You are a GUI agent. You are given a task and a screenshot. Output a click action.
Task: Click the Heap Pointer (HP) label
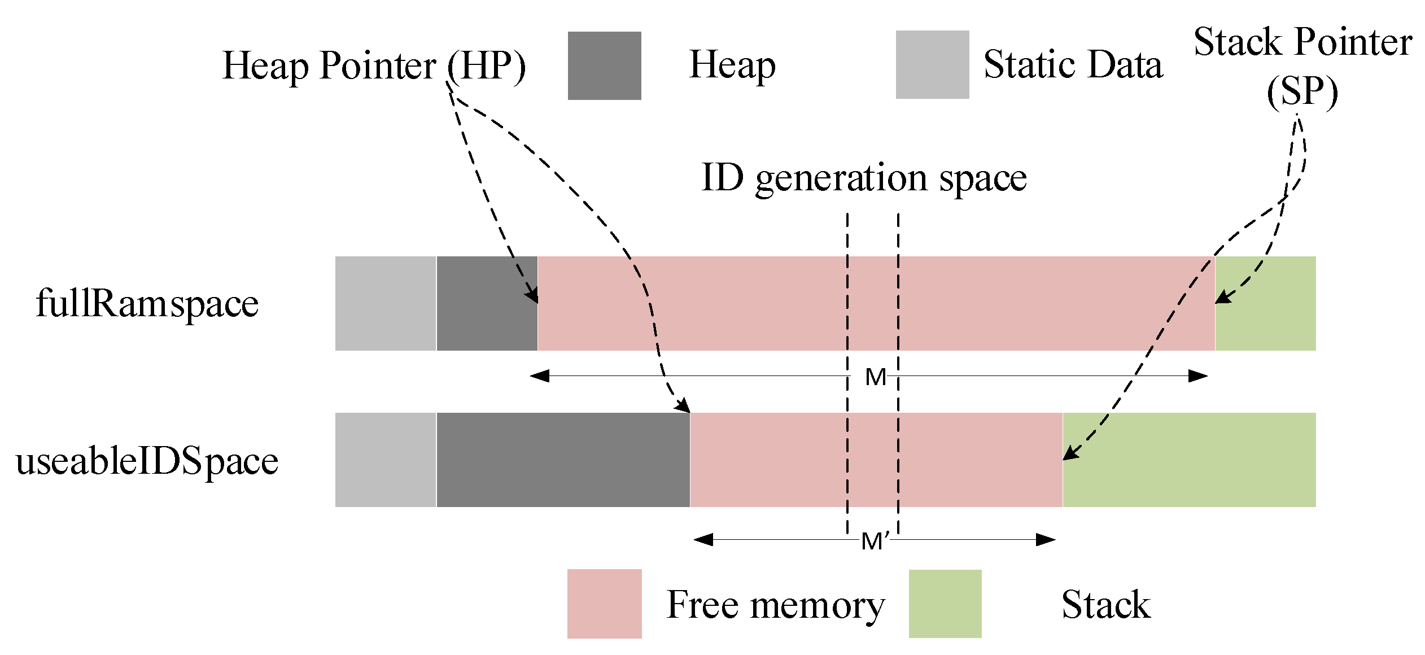[374, 66]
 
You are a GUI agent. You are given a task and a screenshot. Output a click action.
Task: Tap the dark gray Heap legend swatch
[604, 66]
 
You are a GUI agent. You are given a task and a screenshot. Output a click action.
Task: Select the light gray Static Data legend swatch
[932, 65]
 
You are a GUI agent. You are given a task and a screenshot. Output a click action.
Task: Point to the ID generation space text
[864, 178]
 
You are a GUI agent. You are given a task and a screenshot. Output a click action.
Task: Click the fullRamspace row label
[147, 304]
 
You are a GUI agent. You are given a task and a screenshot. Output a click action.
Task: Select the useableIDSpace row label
[147, 461]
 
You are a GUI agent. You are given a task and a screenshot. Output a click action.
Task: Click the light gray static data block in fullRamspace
[385, 304]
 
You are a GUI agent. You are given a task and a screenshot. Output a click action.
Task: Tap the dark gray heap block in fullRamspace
[487, 304]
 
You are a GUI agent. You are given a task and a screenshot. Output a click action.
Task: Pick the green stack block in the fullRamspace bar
[1265, 304]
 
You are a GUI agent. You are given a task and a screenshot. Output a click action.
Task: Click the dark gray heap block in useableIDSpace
[563, 460]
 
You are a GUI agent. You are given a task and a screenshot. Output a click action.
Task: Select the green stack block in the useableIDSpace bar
[1189, 460]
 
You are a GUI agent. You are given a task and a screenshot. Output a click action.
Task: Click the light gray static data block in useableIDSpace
[385, 460]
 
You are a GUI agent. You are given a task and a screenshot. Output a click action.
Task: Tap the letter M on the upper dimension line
[875, 377]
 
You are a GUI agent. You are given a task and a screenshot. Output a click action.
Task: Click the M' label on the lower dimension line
[875, 541]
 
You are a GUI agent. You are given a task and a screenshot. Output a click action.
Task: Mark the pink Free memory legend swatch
[604, 604]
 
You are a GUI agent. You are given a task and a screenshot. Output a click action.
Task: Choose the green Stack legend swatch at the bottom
[945, 604]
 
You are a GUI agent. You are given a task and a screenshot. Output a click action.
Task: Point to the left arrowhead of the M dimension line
[539, 376]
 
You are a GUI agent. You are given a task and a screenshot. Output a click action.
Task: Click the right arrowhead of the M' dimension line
[1046, 540]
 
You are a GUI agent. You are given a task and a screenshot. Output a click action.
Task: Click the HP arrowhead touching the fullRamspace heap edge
[532, 295]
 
